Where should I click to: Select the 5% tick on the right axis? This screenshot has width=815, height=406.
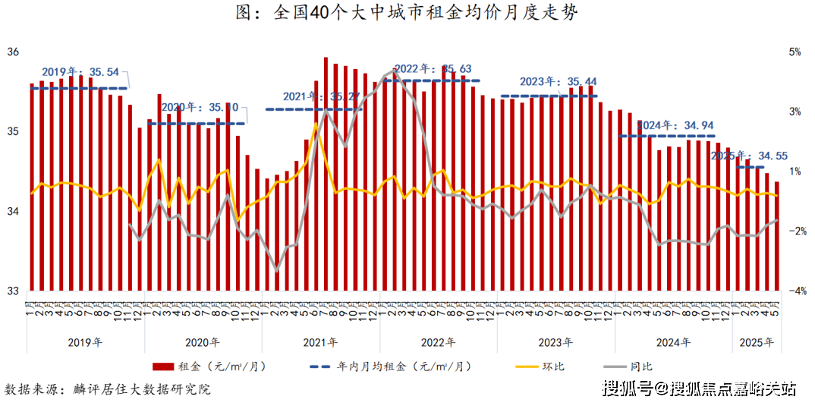coord(795,53)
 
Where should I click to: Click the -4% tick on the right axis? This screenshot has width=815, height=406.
coord(796,291)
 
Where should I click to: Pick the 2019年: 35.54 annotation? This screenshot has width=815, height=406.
coord(80,72)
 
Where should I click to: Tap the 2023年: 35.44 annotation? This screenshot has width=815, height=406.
coord(559,82)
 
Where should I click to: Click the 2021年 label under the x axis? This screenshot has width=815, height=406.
coord(321,342)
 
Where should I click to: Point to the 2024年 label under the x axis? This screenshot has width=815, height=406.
coord(674,342)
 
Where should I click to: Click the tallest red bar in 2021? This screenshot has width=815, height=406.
coord(326,173)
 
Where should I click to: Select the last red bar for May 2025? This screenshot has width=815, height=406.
coord(776,235)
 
